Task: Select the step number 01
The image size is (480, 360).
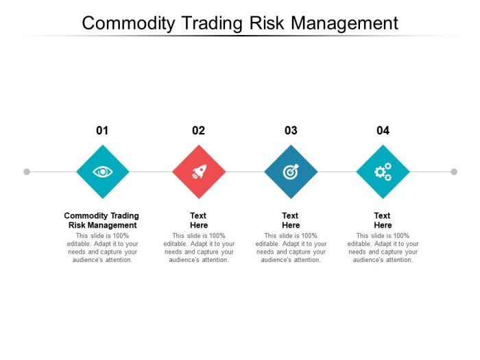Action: [102, 130]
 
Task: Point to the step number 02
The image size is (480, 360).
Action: [198, 130]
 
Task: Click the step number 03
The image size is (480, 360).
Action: [291, 130]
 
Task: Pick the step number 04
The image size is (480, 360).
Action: [383, 130]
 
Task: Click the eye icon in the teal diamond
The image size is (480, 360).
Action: [102, 171]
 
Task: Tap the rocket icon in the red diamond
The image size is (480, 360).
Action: [198, 171]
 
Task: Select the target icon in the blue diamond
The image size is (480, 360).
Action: [291, 171]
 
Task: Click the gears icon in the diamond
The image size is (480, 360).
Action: [383, 171]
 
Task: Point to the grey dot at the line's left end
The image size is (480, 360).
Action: [27, 171]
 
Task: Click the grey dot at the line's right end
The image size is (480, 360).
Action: [454, 171]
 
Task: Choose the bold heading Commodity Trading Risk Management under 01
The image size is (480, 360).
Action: [102, 220]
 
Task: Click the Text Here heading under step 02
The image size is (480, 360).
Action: [198, 220]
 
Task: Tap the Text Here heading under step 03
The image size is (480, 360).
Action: [291, 220]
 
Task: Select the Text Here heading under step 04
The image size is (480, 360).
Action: [383, 220]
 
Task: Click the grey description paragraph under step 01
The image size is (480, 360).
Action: [102, 248]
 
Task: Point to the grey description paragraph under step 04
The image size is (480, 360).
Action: [383, 248]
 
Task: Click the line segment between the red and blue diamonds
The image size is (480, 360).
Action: [245, 171]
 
